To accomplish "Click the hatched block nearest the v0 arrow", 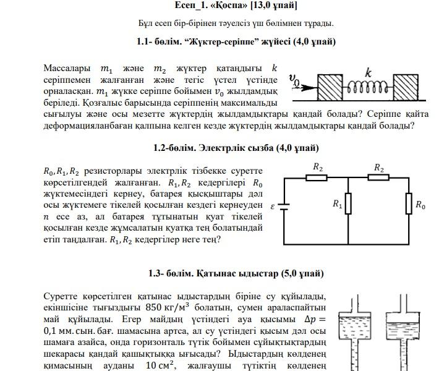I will click(330, 87).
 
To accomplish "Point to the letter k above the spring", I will click(369, 73).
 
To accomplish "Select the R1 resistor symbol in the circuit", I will click(349, 203).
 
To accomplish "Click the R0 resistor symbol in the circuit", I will click(409, 203).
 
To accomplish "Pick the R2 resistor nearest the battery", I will click(317, 177).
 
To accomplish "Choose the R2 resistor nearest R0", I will click(378, 177).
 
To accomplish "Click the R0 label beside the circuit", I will click(420, 205).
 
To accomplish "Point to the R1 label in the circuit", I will click(337, 204).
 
